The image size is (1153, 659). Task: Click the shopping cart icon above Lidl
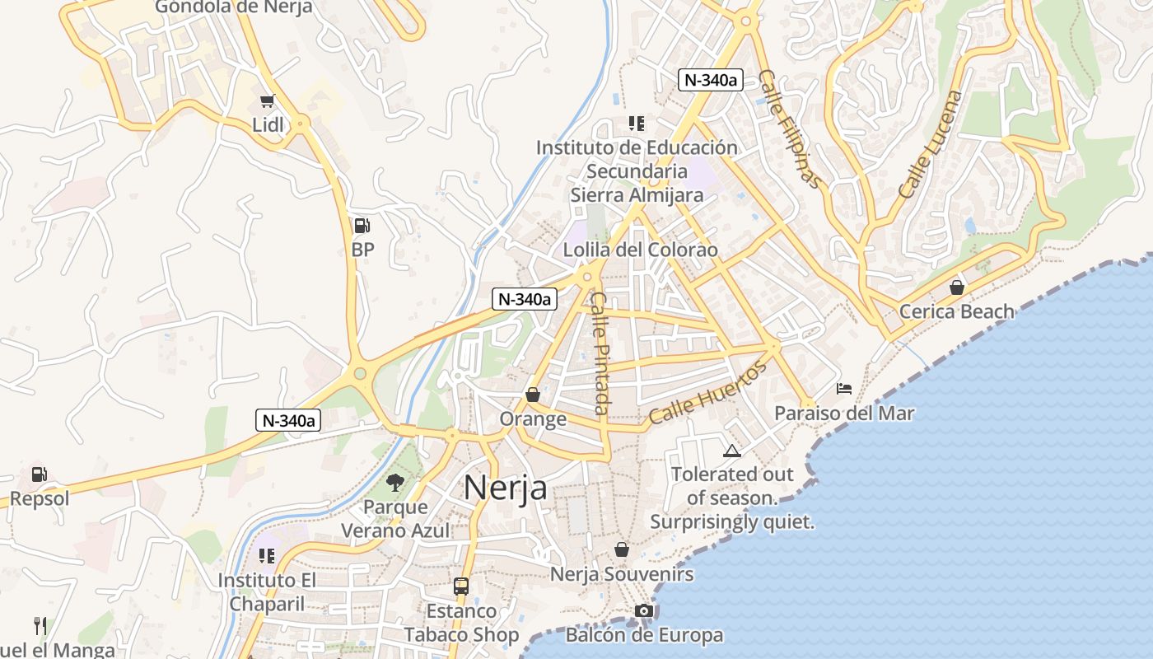[x=266, y=101]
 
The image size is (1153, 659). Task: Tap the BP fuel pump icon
[x=362, y=225]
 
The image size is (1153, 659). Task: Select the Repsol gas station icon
[x=39, y=474]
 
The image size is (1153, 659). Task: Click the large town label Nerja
[x=505, y=487]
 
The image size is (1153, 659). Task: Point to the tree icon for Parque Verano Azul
[x=395, y=483]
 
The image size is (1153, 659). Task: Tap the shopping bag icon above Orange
[x=533, y=395]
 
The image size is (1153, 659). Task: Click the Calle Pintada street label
[x=600, y=353]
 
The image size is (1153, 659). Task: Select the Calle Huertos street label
[x=707, y=392]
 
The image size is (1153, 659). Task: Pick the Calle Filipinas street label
[x=790, y=129]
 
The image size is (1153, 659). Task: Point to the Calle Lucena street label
[x=930, y=144]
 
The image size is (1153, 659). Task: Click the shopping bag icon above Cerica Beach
[x=957, y=287]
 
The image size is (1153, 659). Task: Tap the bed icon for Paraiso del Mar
[x=844, y=389]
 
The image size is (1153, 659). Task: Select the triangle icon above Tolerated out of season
[x=731, y=451]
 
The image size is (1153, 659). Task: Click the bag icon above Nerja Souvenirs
[x=622, y=549]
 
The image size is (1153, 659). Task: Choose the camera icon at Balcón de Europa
[x=644, y=610]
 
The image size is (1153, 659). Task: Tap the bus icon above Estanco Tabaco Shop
[x=461, y=587]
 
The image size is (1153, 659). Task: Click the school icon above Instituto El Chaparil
[x=266, y=556]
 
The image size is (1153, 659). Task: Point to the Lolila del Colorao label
[x=640, y=250]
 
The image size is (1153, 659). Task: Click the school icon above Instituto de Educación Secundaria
[x=636, y=124]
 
